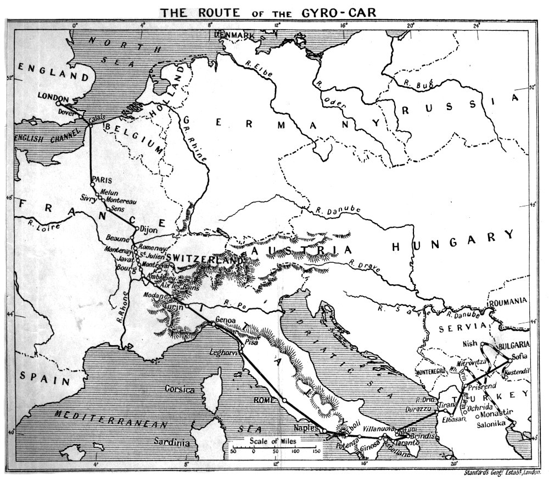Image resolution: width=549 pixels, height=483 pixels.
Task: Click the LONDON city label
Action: click(52, 96)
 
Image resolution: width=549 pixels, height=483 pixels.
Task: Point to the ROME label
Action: click(265, 400)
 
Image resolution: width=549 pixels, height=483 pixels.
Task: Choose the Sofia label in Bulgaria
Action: click(519, 357)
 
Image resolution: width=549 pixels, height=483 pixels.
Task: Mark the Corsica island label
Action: click(181, 390)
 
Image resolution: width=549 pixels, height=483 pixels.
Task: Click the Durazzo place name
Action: click(418, 409)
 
